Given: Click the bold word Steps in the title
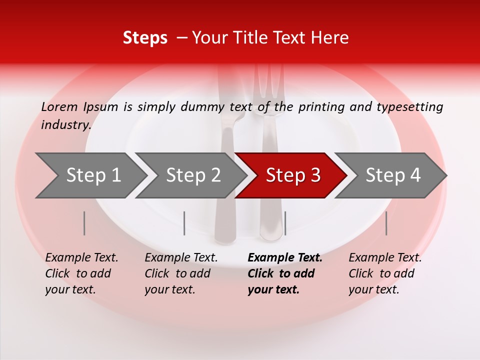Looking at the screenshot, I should (x=145, y=38).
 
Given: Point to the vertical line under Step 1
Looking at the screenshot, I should (x=84, y=223).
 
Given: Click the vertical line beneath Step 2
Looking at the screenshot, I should (x=184, y=223).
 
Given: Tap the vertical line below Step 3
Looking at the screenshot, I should (x=285, y=223).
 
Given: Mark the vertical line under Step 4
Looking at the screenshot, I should (x=386, y=223).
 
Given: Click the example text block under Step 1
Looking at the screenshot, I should (x=81, y=273).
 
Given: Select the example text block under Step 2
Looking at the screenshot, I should (x=181, y=273).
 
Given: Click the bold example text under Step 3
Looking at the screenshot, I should (x=284, y=273).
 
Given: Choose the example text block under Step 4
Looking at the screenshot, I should (x=385, y=273).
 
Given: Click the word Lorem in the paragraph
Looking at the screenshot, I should (x=59, y=107).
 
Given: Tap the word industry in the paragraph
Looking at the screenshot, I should (x=65, y=124).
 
